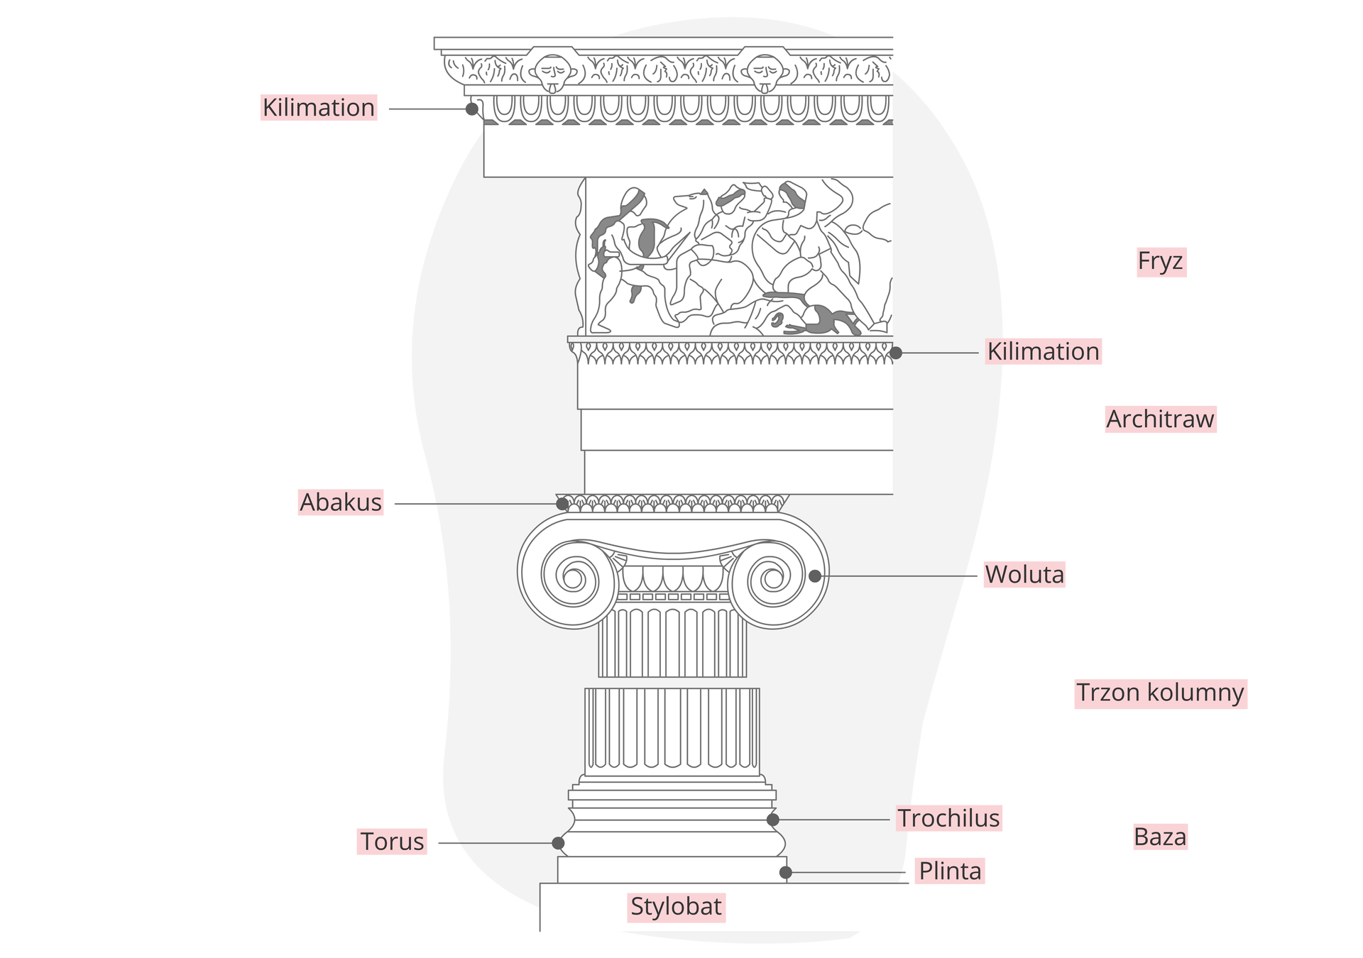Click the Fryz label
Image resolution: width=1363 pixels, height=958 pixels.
click(x=1161, y=261)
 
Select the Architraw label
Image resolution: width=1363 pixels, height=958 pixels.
click(x=1160, y=419)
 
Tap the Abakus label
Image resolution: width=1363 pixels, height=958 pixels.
click(x=341, y=502)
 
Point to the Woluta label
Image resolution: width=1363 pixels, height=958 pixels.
click(x=1024, y=574)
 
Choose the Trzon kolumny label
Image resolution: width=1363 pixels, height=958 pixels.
click(x=1160, y=692)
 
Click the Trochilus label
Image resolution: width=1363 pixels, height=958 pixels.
click(x=948, y=817)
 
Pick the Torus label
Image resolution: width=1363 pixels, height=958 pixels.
click(x=392, y=841)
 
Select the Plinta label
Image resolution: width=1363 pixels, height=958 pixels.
click(x=950, y=871)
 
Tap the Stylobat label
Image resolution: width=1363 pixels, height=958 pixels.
click(x=676, y=906)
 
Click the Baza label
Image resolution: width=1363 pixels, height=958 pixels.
click(x=1160, y=837)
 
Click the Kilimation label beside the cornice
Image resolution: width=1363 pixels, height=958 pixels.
click(x=318, y=107)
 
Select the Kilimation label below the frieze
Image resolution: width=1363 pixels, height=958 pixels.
click(x=1043, y=351)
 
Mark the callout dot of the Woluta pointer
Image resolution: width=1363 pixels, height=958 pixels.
click(x=815, y=576)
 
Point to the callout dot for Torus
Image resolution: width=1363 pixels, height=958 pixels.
click(x=558, y=843)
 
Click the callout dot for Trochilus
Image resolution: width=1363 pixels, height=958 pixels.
click(x=773, y=819)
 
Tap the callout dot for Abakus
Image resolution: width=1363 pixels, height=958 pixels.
click(x=562, y=504)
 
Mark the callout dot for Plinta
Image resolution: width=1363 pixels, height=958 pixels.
click(x=785, y=872)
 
